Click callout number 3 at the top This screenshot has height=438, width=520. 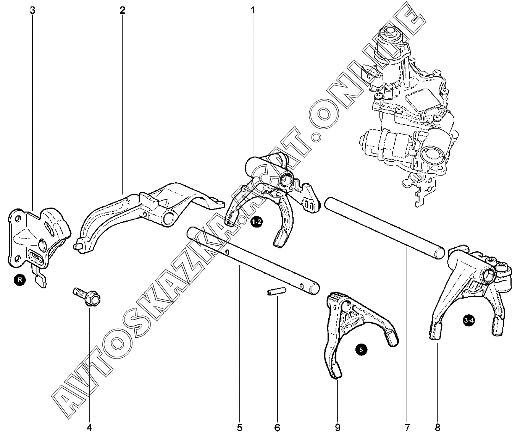coord(32,10)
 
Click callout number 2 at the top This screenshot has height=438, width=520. coord(122,10)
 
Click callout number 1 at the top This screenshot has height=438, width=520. coord(253,10)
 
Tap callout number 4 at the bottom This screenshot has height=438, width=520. coord(89,428)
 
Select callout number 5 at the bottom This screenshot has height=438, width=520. coord(240,428)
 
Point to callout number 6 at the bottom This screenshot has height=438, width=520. coord(277,428)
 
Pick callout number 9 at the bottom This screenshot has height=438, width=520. coord(338,428)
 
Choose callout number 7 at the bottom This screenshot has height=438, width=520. coord(407,428)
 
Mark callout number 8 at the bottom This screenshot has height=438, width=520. coord(437,428)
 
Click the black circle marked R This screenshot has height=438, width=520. coord(20,280)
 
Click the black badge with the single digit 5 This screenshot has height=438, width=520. coord(361,350)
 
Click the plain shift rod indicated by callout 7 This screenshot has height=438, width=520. coord(384,230)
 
